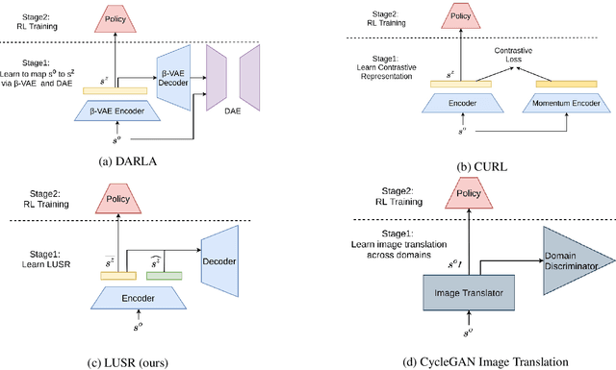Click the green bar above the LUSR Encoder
point(165,277)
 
